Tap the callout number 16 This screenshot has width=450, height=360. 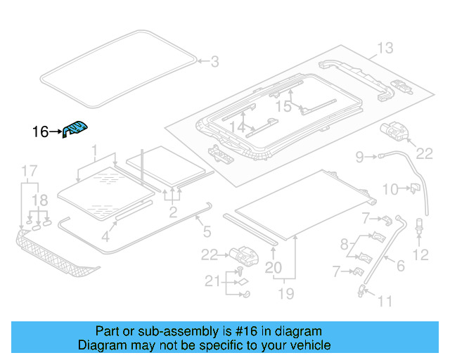click(41, 131)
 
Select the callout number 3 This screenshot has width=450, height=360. click(214, 62)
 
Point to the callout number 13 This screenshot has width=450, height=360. click(385, 49)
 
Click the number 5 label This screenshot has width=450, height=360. click(206, 230)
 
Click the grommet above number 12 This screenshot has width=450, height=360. click(420, 226)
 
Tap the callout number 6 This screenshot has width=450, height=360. click(400, 266)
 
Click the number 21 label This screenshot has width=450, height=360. click(213, 283)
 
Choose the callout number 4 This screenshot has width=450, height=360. click(105, 237)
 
